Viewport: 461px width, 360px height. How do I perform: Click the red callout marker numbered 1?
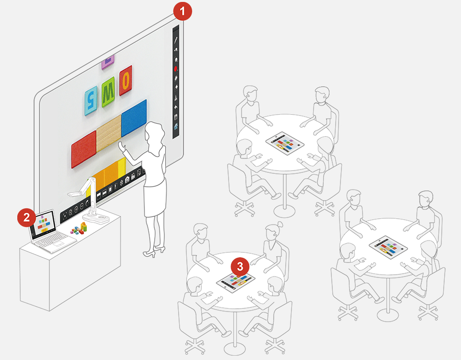(182, 11)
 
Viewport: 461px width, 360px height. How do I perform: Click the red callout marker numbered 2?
(27, 217)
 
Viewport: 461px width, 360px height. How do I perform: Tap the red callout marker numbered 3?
(240, 266)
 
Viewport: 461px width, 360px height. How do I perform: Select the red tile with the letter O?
(126, 80)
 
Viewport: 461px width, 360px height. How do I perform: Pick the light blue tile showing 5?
(91, 100)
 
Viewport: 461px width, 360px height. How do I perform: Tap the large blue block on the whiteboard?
(134, 118)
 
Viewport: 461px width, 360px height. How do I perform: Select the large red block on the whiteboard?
(84, 149)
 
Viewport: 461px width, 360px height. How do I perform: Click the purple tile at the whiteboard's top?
(108, 62)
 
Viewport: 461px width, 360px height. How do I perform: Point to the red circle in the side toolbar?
(176, 69)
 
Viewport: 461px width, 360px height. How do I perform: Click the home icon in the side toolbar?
(176, 127)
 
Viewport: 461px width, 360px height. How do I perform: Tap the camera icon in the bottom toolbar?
(127, 179)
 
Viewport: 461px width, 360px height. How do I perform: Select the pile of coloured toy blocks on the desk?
(79, 228)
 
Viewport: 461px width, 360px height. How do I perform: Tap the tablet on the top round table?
(285, 143)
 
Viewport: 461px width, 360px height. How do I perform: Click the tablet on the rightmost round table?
(388, 247)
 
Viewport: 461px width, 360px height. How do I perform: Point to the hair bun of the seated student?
(279, 225)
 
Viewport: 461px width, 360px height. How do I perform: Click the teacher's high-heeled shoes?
(154, 252)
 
